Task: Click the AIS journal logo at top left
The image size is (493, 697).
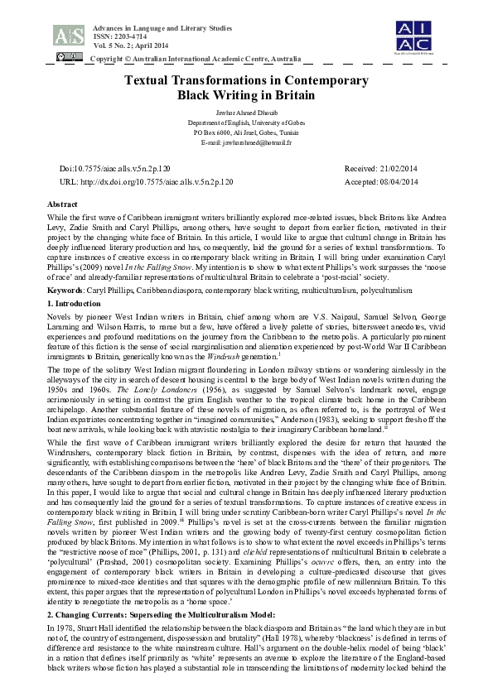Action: pyautogui.click(x=68, y=35)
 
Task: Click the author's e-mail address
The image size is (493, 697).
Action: pyautogui.click(x=246, y=142)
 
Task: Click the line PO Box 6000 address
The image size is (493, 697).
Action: pyautogui.click(x=246, y=132)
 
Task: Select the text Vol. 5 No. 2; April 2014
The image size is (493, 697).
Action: pyautogui.click(x=119, y=46)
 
